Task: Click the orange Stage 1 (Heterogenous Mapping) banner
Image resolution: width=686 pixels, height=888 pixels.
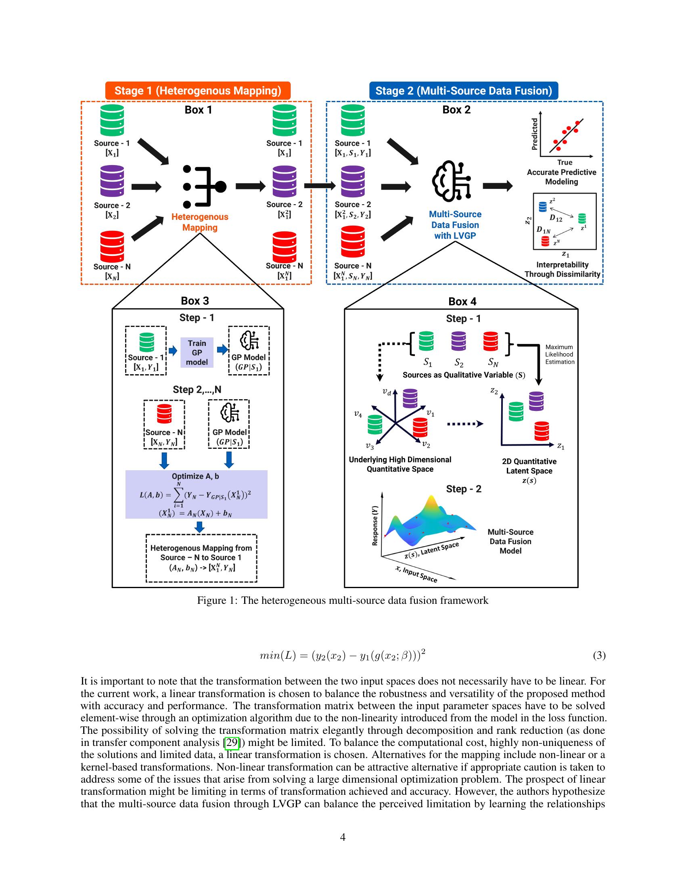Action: [x=197, y=90]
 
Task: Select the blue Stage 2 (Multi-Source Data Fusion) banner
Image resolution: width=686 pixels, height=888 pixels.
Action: [x=463, y=90]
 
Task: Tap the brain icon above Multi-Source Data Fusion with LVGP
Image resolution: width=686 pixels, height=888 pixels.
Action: [x=451, y=181]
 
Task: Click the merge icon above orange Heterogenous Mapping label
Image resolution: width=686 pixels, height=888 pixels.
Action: [x=203, y=186]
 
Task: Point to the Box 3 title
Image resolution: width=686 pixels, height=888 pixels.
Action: [x=195, y=301]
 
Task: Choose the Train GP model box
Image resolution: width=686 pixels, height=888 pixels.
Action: [x=197, y=352]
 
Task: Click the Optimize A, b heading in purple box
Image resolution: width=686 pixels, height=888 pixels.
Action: [x=195, y=476]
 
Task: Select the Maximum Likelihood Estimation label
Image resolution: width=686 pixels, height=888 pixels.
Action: [x=560, y=354]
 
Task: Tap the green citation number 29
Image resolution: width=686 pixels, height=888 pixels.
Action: [x=232, y=742]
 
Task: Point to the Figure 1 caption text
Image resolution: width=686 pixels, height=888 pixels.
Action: [x=343, y=601]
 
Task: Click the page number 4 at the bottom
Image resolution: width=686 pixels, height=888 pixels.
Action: [x=343, y=837]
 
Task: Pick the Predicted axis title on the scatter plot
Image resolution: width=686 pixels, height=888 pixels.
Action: [x=535, y=134]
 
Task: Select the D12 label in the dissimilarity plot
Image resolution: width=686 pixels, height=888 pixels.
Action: [x=556, y=218]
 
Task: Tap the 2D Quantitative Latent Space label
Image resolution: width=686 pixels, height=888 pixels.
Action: [x=529, y=466]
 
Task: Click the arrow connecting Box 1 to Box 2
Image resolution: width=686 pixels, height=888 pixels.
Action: [x=320, y=186]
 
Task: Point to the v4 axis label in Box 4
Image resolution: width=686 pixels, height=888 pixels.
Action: [x=358, y=415]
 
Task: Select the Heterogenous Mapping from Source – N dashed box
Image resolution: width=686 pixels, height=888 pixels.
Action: [x=201, y=558]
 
